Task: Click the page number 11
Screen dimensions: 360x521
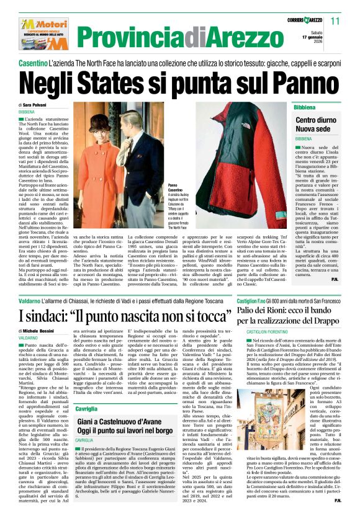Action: [x=335, y=21]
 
